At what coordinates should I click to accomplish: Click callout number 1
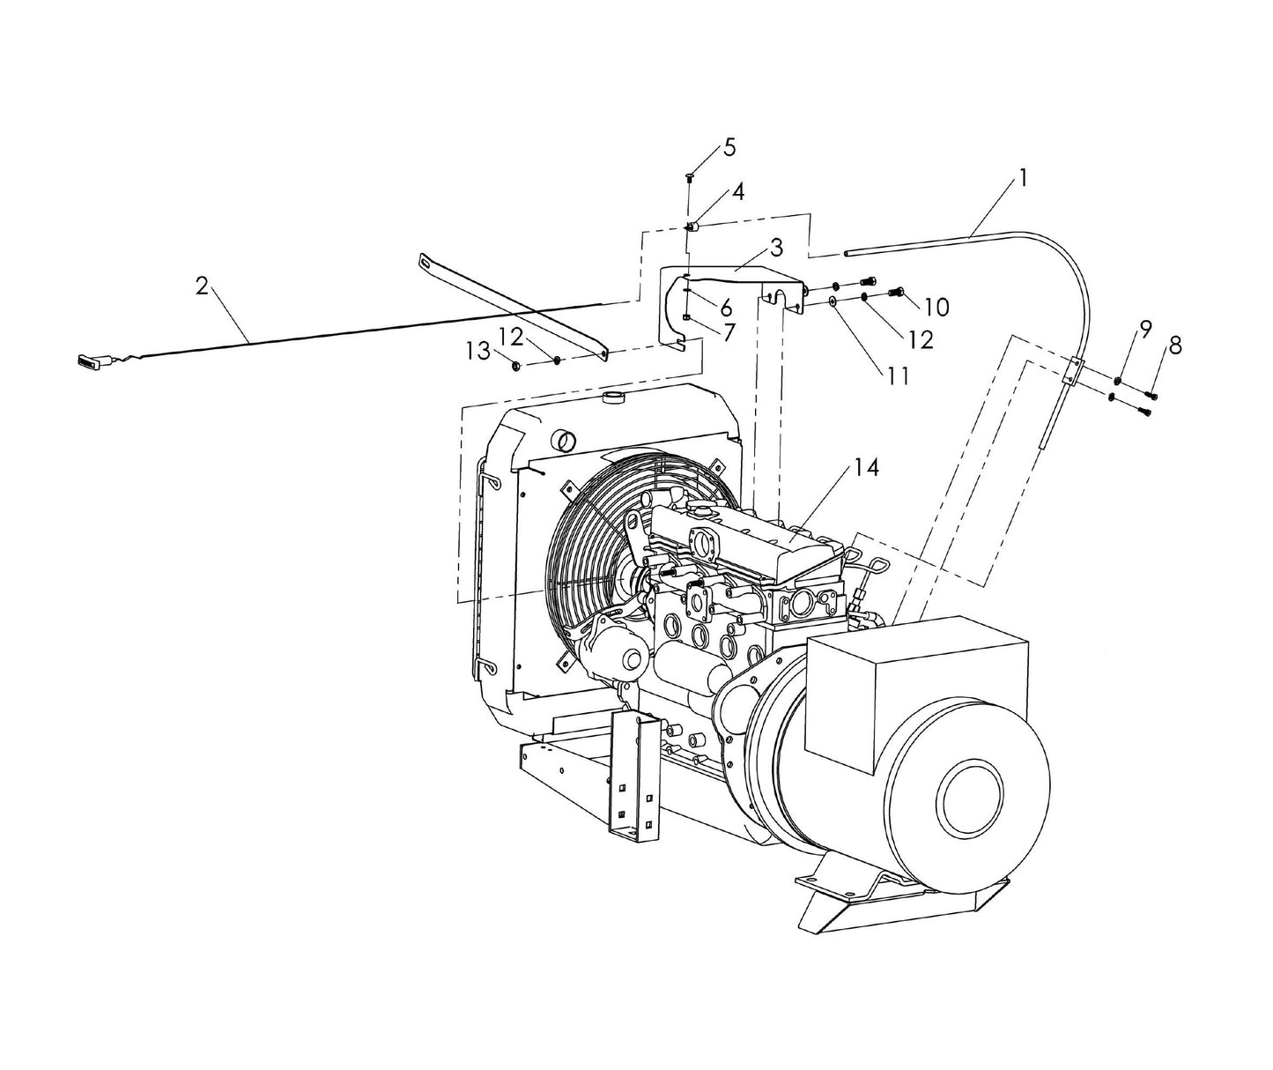pyautogui.click(x=1023, y=178)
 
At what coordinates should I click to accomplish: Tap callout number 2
pyautogui.click(x=203, y=286)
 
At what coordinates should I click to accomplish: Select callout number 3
pyautogui.click(x=775, y=246)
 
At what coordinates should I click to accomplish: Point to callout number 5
pyautogui.click(x=729, y=147)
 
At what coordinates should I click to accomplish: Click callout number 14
pyautogui.click(x=867, y=468)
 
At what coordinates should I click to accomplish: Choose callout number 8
pyautogui.click(x=1174, y=346)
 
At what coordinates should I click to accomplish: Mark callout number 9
pyautogui.click(x=1144, y=329)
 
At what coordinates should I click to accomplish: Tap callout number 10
pyautogui.click(x=937, y=307)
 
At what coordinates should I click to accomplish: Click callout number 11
pyautogui.click(x=898, y=376)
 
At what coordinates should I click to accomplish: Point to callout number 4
pyautogui.click(x=737, y=192)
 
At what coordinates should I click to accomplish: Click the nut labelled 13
pyautogui.click(x=517, y=364)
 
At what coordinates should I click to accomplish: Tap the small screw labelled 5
pyautogui.click(x=690, y=178)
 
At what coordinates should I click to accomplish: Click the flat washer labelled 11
pyautogui.click(x=833, y=301)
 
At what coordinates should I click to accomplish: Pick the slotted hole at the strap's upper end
pyautogui.click(x=428, y=260)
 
